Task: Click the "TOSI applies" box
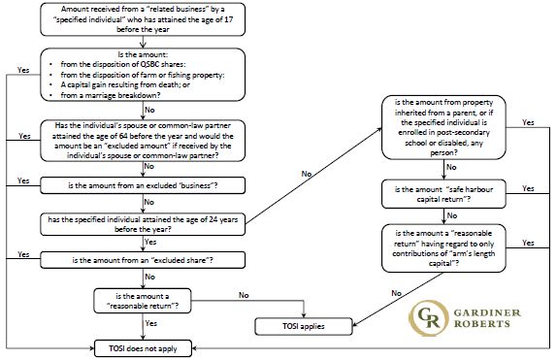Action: pos(304,326)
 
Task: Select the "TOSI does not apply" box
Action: pos(143,348)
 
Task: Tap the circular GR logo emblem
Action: pos(428,317)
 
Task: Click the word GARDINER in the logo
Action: pos(487,312)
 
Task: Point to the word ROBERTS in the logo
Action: pos(481,324)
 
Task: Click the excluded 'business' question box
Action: pos(143,185)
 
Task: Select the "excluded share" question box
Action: pos(143,260)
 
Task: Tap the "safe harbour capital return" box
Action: pos(443,194)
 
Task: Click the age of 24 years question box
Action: pos(143,224)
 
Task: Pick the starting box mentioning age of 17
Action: pos(143,19)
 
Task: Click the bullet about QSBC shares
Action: pos(123,64)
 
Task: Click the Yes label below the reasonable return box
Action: pos(151,323)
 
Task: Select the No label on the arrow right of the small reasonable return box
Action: pos(244,295)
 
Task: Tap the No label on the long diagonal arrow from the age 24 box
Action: pos(307,174)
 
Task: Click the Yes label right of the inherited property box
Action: pos(528,122)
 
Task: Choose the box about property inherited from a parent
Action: pos(443,127)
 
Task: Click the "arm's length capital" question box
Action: pos(443,248)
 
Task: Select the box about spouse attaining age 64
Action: pos(143,141)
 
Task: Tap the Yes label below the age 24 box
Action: pos(150,242)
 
